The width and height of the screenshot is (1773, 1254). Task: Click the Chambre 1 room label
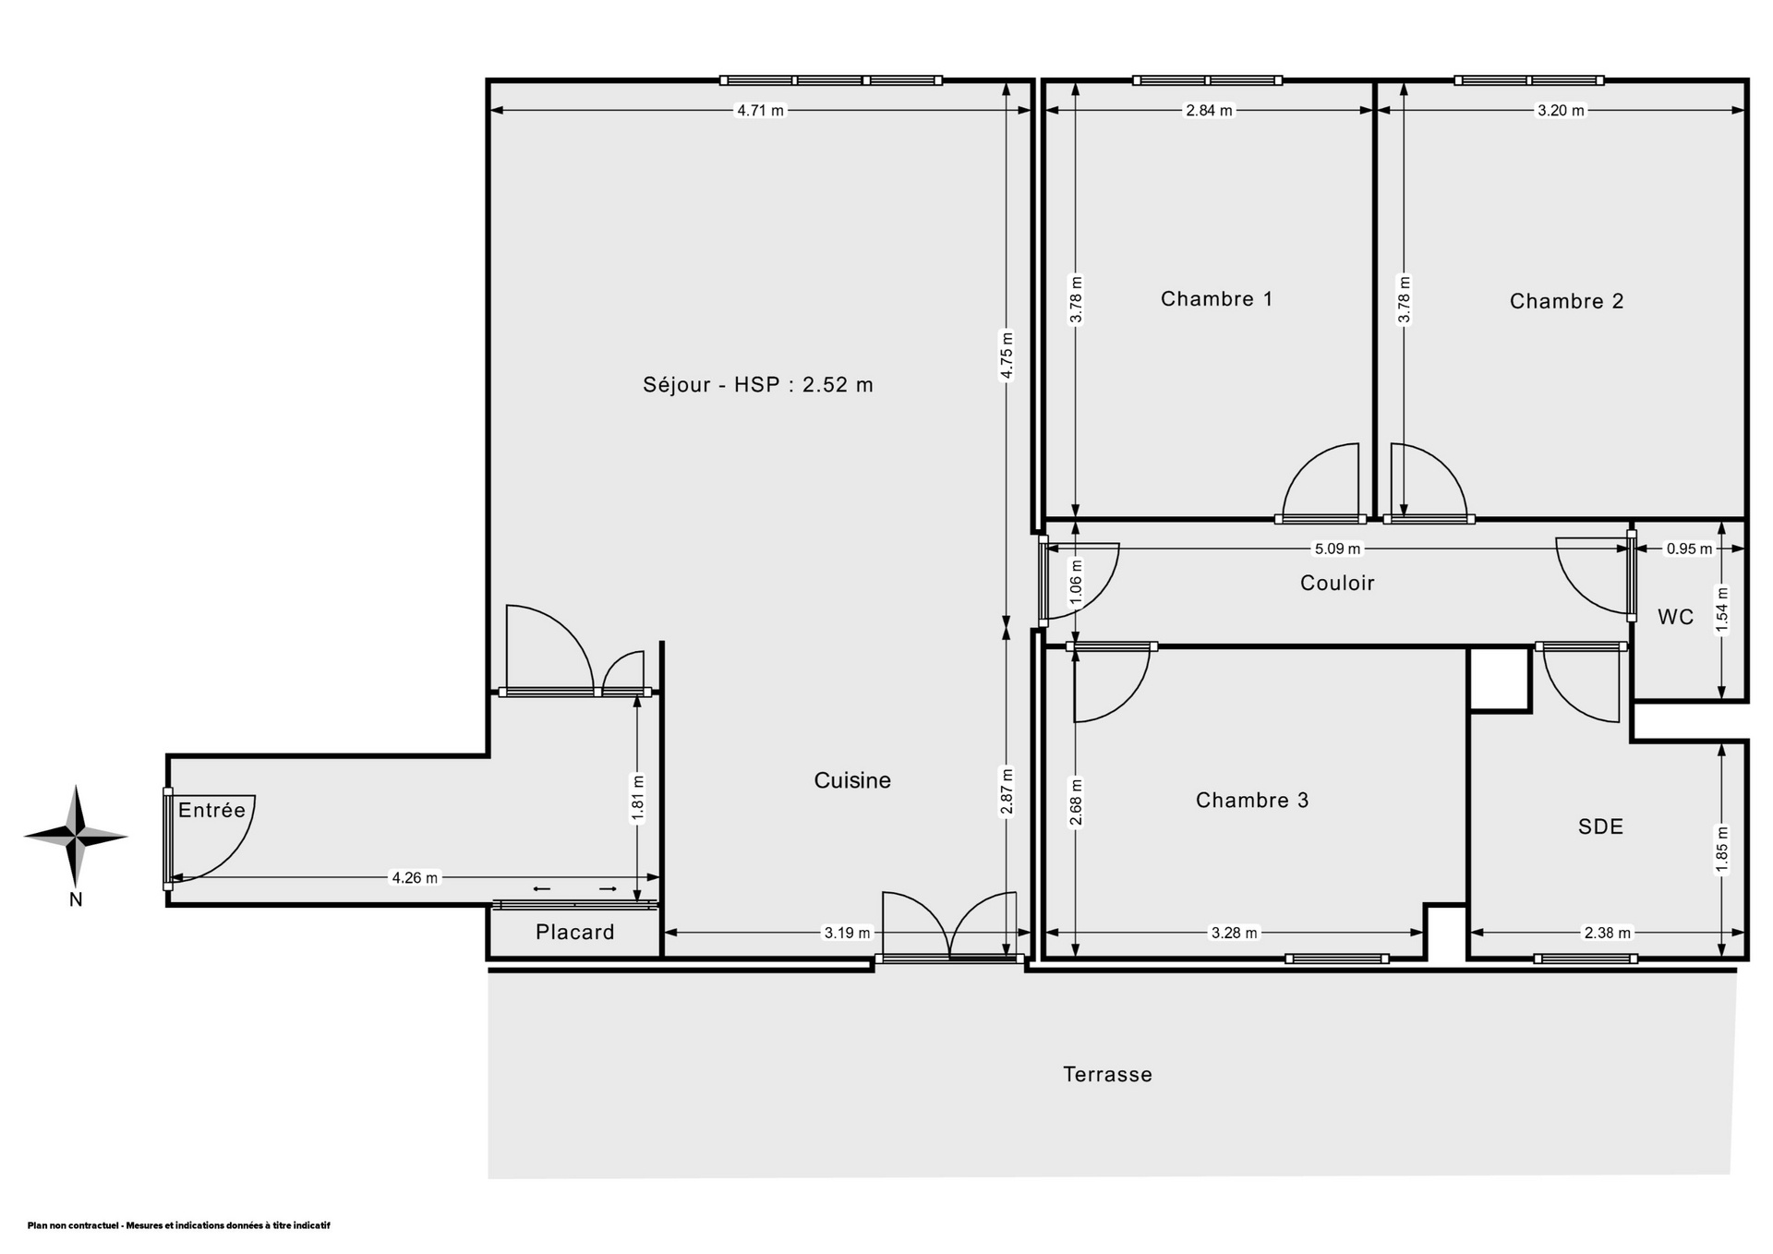1216,299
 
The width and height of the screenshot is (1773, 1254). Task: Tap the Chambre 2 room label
1566,301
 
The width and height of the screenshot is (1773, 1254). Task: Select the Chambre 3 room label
1252,801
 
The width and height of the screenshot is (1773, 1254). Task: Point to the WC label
1675,617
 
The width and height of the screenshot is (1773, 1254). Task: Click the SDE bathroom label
1600,826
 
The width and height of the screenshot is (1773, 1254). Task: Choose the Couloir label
1337,584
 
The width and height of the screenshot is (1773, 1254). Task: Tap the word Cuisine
852,781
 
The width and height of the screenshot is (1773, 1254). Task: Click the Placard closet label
574,933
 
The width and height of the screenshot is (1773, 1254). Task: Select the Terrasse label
1107,1075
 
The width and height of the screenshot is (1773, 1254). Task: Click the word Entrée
211,810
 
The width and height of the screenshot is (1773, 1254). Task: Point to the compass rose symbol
76,837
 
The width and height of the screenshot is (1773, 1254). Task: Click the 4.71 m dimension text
760,111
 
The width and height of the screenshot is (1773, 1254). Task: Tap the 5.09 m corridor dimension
1337,549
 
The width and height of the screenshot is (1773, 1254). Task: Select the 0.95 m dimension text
1689,549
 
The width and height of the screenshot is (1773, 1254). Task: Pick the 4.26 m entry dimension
415,877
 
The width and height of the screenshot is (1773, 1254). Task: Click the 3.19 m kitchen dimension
847,933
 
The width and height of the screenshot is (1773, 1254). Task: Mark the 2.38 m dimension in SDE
1608,933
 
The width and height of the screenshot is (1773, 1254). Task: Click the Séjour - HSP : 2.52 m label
758,385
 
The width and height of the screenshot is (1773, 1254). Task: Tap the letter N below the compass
76,900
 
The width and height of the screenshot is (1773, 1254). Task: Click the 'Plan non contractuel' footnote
178,1225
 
